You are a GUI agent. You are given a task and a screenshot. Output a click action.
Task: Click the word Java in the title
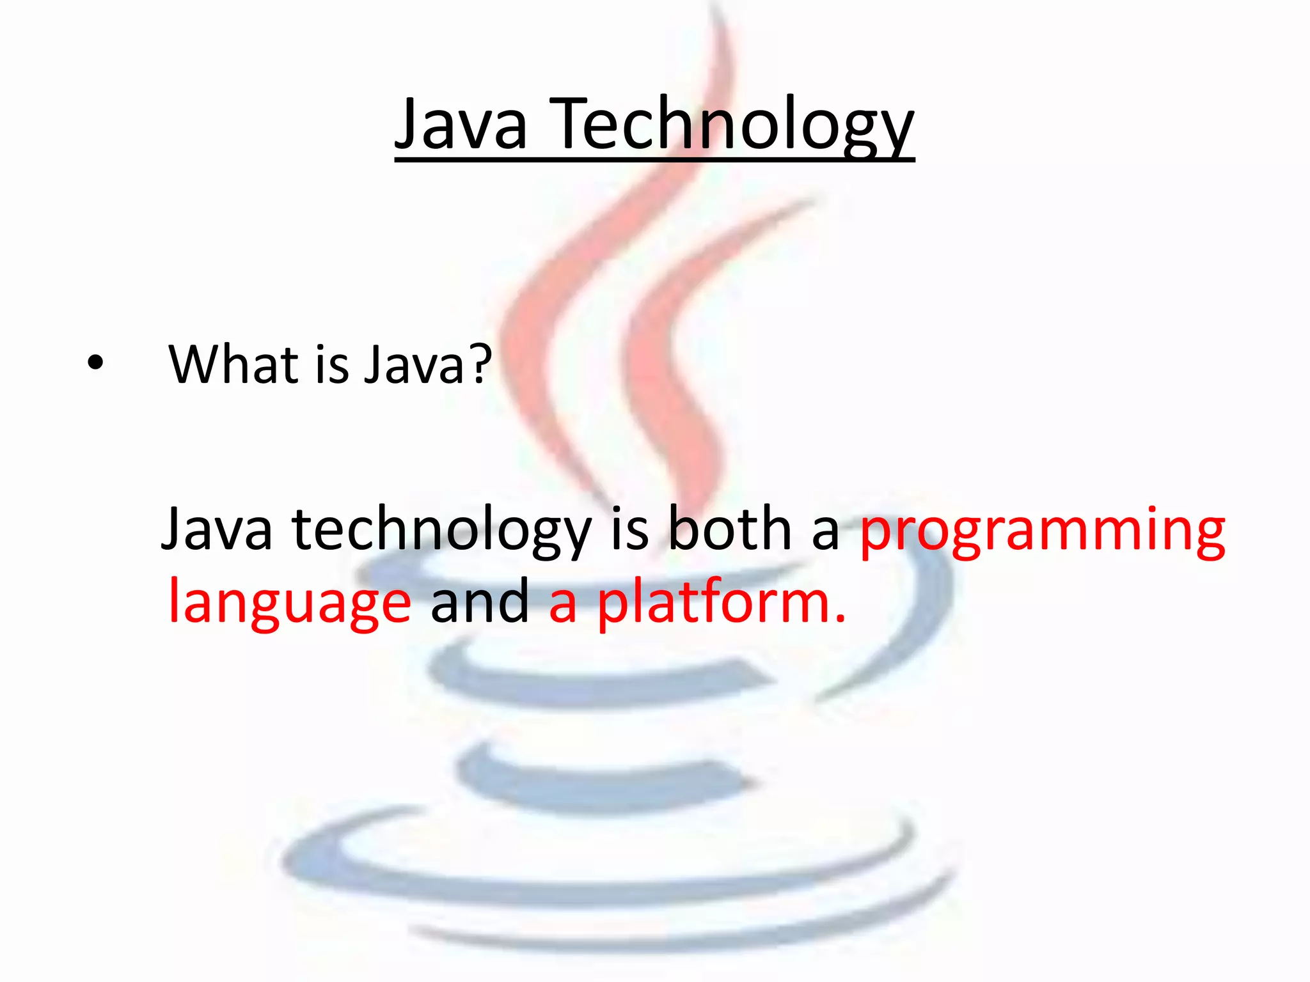[461, 125]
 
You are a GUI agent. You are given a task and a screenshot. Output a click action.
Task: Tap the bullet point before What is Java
[95, 363]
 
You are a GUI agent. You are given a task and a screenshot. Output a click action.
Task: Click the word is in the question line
[332, 364]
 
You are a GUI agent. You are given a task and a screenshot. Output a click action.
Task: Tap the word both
[730, 529]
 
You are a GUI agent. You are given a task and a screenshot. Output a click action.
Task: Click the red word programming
[1043, 531]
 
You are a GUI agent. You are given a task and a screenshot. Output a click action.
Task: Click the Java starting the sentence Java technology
[217, 529]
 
